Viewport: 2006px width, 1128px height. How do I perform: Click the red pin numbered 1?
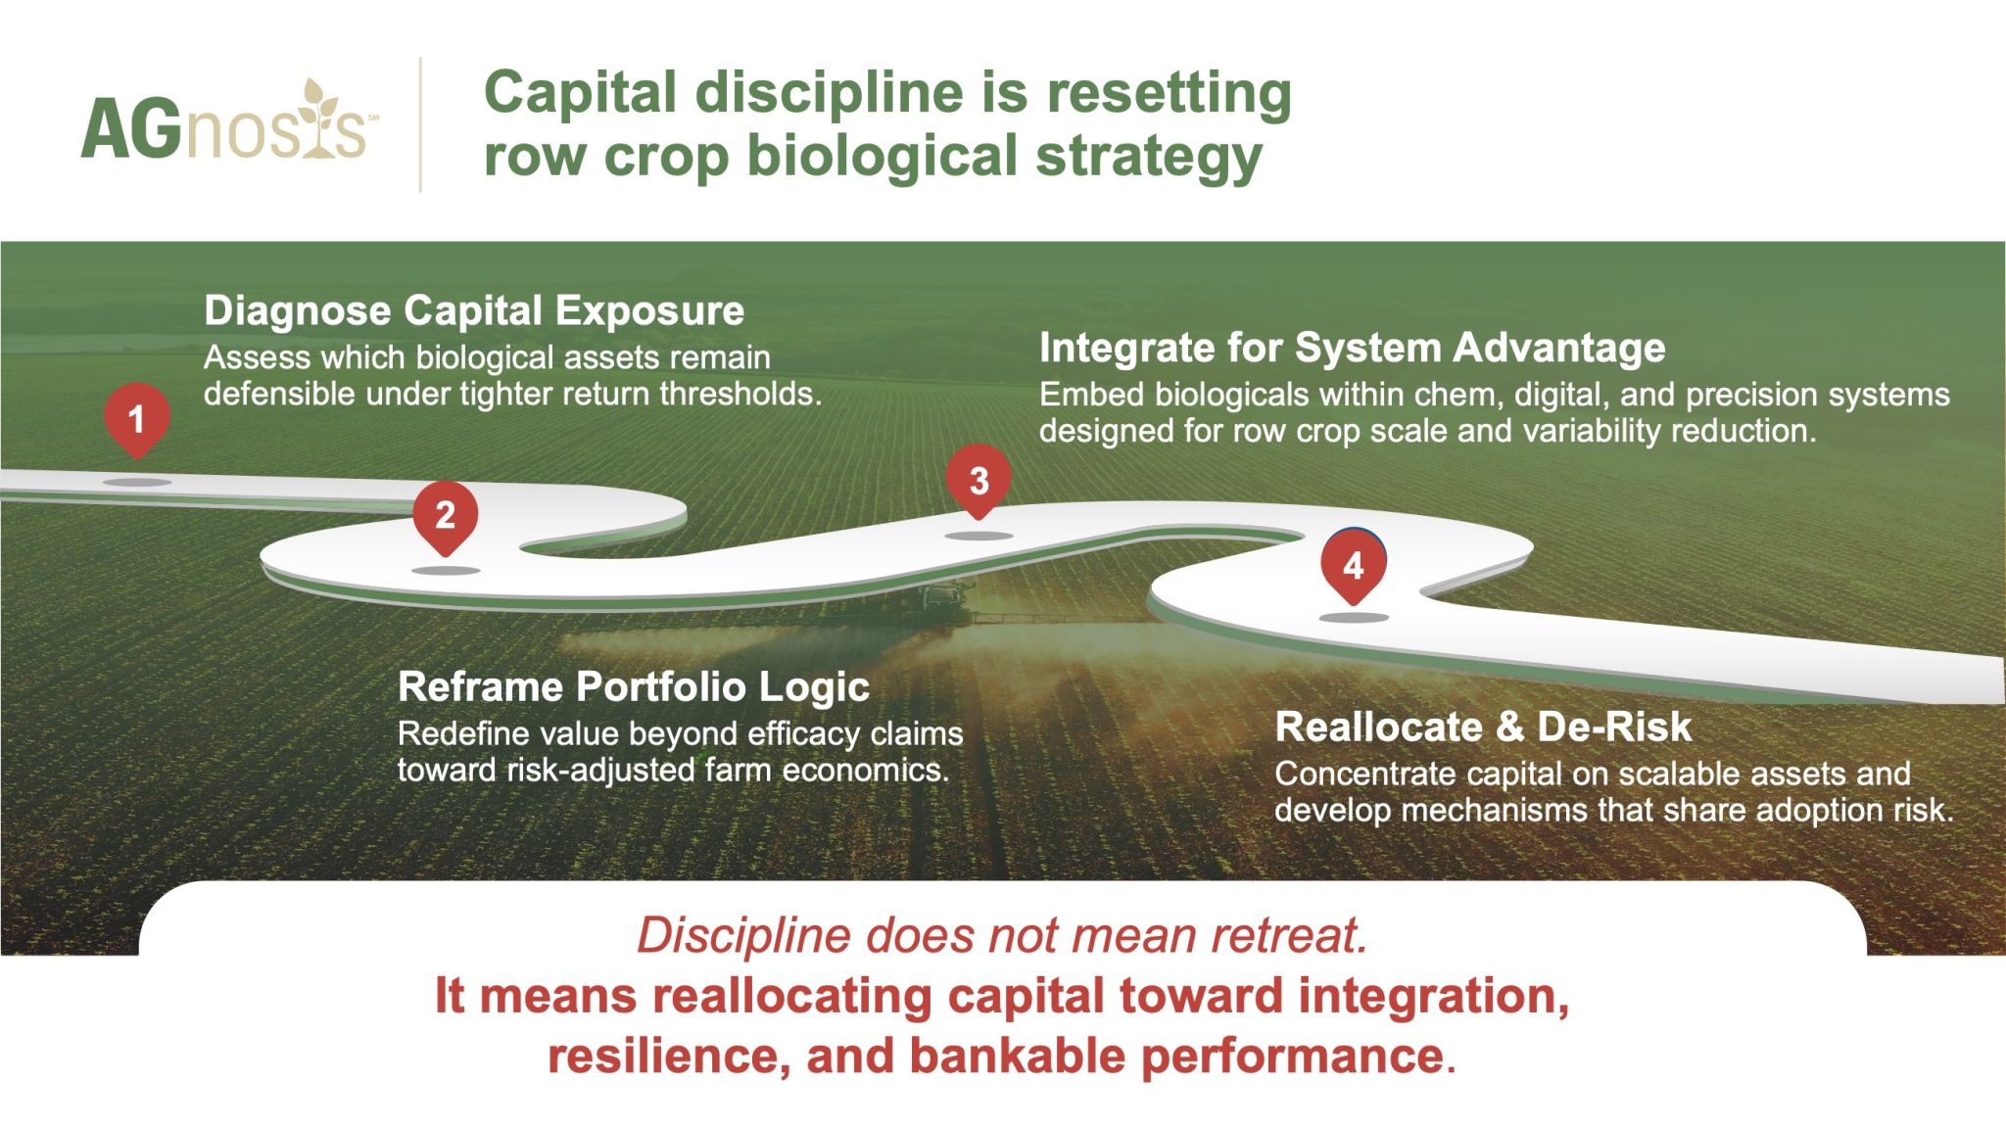137,419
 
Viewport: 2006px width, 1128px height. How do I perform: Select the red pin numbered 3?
979,481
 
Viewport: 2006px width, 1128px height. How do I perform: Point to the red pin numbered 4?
1354,565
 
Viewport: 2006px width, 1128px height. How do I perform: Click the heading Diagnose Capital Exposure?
474,311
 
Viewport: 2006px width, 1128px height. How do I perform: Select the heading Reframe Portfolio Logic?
634,687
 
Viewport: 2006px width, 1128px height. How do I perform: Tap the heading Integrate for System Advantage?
1352,348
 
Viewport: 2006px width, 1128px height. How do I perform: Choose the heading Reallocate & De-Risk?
1483,727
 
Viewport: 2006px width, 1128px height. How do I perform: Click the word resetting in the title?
1170,95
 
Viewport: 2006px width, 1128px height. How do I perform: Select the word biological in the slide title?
883,157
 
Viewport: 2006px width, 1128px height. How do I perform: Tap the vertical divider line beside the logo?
421,124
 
